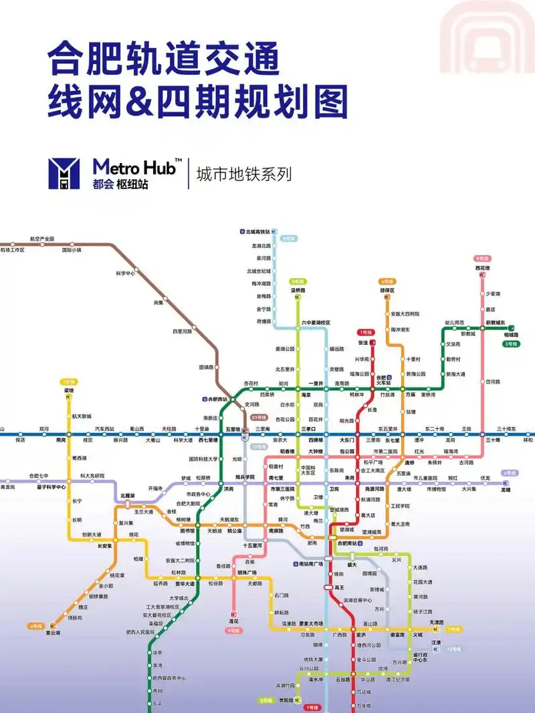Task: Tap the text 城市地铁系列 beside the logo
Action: [x=244, y=174]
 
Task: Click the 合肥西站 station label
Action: [x=218, y=399]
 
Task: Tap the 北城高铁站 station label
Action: [x=257, y=232]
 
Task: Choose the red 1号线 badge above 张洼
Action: [x=366, y=332]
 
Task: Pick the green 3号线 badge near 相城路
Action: [x=511, y=343]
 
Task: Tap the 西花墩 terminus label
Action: [x=483, y=268]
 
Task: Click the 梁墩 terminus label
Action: [x=68, y=390]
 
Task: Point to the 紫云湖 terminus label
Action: [x=53, y=632]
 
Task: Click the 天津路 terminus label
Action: [x=436, y=622]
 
